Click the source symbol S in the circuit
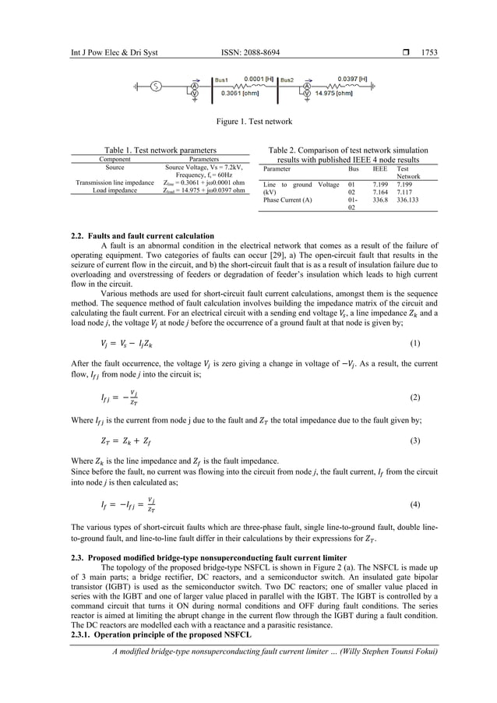tap(157, 86)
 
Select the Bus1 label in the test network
tap(225, 79)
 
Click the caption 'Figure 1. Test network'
tap(248, 122)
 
